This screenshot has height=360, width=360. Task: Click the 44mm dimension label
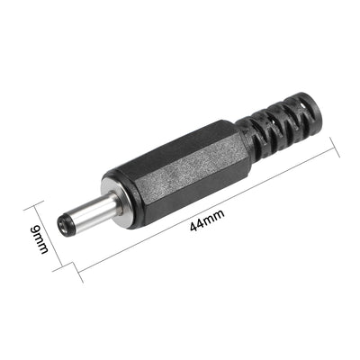tap(207, 220)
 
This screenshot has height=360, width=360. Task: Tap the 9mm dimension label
tap(40, 239)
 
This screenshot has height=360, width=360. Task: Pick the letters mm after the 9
tap(41, 245)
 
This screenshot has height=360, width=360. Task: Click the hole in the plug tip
tap(62, 225)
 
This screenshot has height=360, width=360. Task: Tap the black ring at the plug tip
tap(65, 225)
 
